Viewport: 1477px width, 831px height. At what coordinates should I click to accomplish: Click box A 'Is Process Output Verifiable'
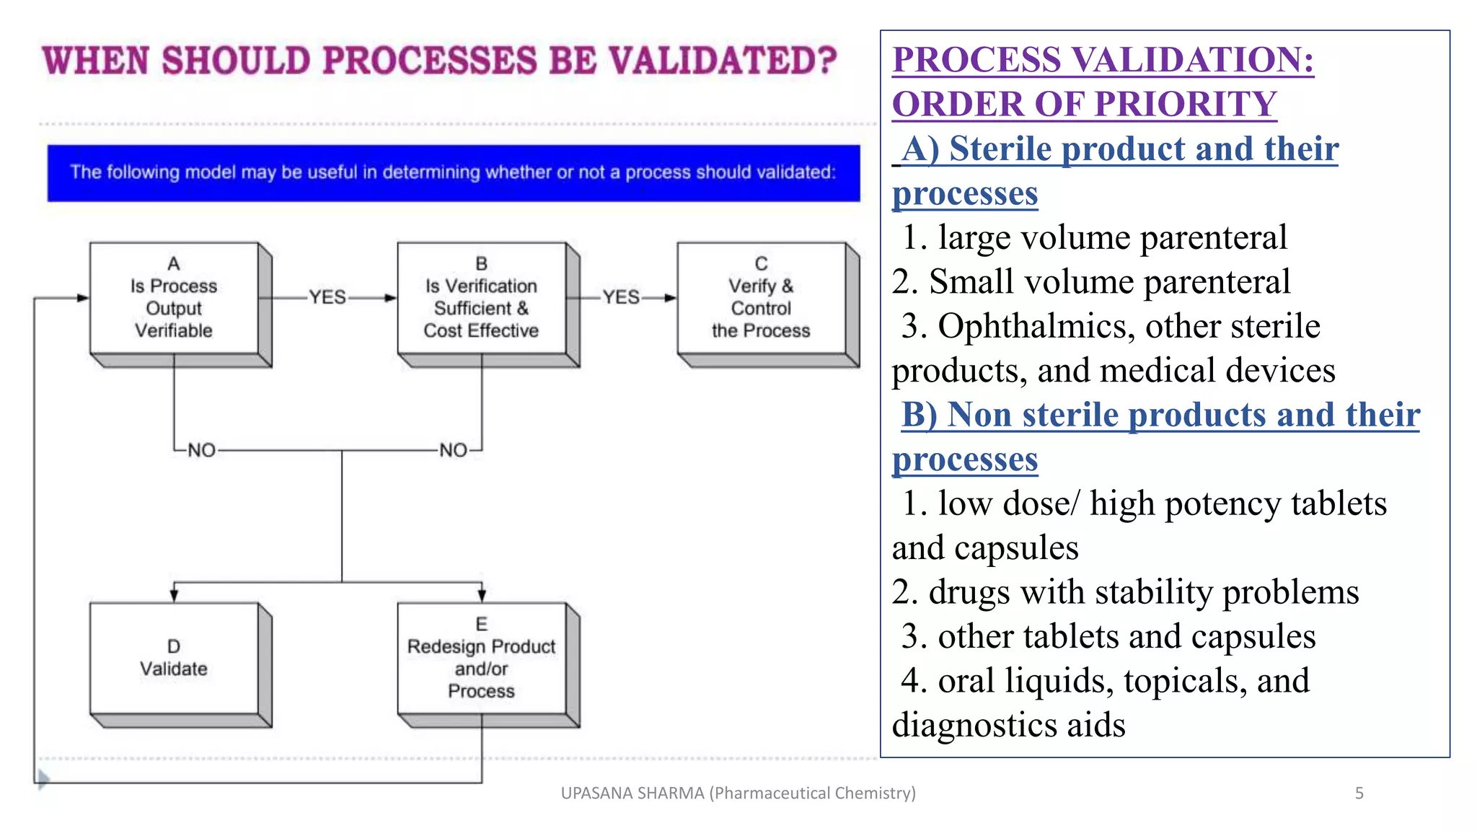coord(174,298)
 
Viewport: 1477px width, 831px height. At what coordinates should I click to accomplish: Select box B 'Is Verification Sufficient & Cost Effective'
coord(481,298)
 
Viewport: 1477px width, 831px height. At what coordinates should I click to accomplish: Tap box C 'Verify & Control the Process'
coord(761,298)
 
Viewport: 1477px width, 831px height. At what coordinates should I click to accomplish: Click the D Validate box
coord(174,658)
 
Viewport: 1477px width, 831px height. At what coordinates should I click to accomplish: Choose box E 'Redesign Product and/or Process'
coord(481,658)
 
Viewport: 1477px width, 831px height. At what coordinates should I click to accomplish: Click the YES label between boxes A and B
coord(327,297)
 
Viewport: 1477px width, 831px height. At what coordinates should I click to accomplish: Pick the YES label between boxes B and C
coord(621,297)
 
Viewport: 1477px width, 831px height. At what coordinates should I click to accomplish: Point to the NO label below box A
coord(201,450)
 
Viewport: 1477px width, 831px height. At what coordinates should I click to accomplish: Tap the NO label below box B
coord(453,450)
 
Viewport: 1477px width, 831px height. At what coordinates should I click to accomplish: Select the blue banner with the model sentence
coord(453,172)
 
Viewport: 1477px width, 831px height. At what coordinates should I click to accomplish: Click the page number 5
coord(1359,793)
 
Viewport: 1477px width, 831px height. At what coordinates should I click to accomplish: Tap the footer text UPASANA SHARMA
coord(632,793)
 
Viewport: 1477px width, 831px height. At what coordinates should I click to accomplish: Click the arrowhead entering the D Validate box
coord(174,595)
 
